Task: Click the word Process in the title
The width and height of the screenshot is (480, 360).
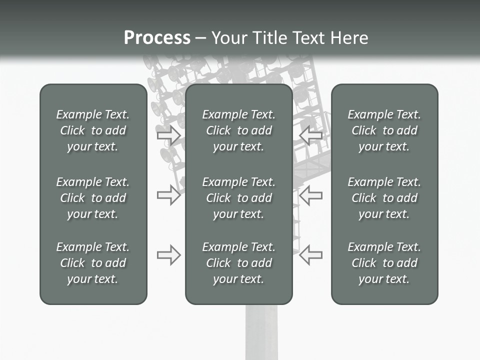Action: (157, 38)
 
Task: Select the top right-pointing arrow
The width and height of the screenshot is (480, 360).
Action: (168, 135)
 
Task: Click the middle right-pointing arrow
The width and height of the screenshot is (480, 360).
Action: (168, 194)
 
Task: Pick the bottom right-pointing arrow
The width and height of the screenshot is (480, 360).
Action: (168, 255)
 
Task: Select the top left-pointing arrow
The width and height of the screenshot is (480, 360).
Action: (311, 135)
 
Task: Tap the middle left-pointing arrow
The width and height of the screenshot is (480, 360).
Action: (311, 194)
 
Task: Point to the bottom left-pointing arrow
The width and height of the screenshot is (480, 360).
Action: (311, 255)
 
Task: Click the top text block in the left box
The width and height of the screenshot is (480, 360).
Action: (93, 130)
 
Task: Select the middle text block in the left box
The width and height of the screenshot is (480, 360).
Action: (93, 198)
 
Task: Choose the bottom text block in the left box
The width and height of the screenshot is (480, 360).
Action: (93, 263)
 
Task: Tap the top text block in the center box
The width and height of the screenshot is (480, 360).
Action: (239, 130)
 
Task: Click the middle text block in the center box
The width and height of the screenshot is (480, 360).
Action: (239, 198)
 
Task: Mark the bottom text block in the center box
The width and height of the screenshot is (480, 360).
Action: (239, 263)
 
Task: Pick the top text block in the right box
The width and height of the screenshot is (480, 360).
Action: (384, 130)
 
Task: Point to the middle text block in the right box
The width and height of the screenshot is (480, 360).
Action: (384, 198)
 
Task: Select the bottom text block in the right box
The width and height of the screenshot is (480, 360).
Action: (384, 263)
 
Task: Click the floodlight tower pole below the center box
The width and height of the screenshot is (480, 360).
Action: (261, 332)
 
